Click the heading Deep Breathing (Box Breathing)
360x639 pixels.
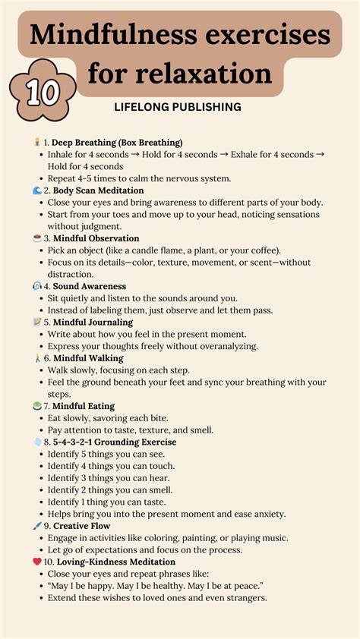pyautogui.click(x=117, y=142)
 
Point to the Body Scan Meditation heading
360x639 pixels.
pyautogui.click(x=98, y=190)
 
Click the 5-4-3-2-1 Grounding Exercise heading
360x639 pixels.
pyautogui.click(x=115, y=442)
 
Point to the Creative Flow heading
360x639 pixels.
pyautogui.click(x=81, y=526)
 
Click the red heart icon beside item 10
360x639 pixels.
pyautogui.click(x=37, y=562)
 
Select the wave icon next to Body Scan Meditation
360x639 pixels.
pyautogui.click(x=37, y=190)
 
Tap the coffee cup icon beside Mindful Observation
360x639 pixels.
pyautogui.click(x=37, y=238)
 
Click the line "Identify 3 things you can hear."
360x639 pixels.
pyautogui.click(x=111, y=478)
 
